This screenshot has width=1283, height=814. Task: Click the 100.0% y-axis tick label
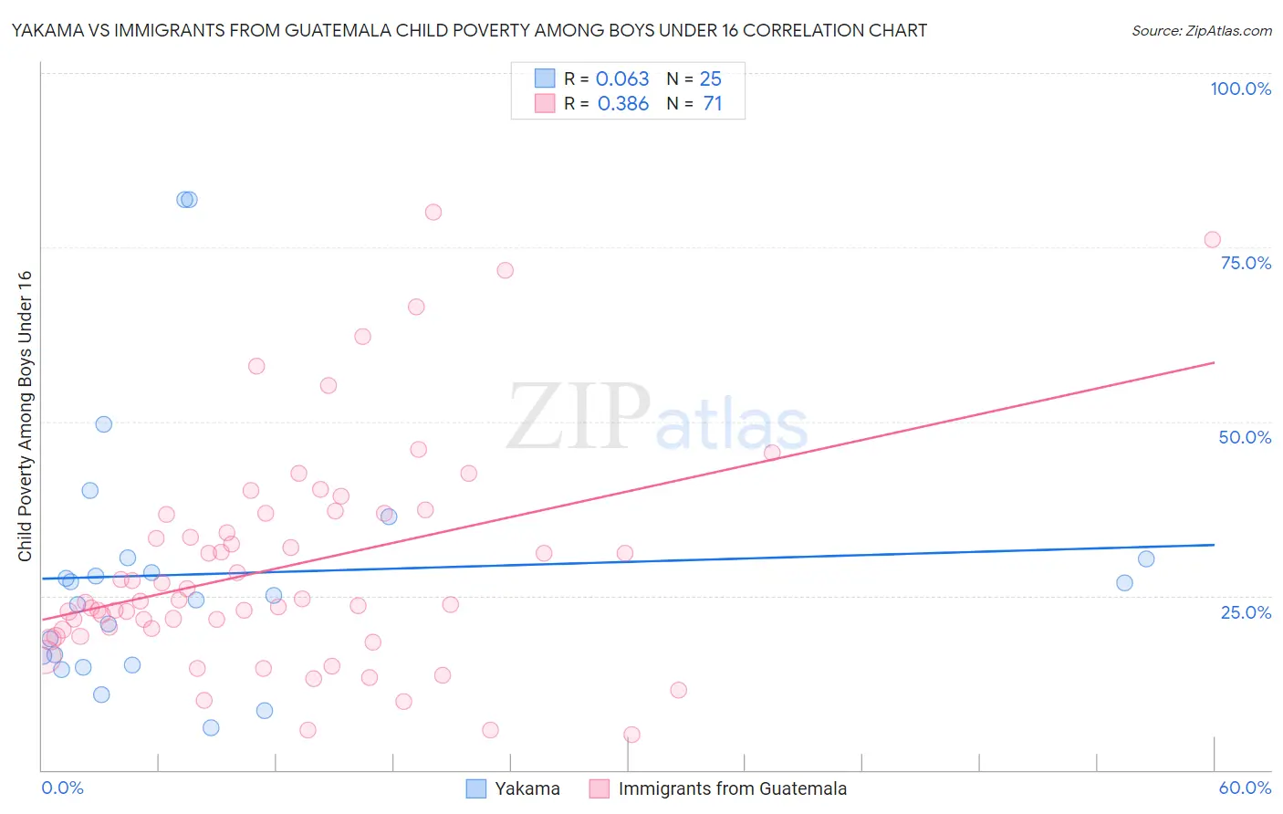point(1240,89)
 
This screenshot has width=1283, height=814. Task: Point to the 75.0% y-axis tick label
point(1246,263)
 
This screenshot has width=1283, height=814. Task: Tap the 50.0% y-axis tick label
point(1245,437)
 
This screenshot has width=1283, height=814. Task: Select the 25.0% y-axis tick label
point(1246,611)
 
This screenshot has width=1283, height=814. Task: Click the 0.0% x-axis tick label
point(62,788)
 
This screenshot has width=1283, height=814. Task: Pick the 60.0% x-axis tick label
point(1245,788)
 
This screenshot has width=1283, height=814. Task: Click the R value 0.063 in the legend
point(622,79)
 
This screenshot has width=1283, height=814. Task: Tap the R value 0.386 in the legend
point(623,104)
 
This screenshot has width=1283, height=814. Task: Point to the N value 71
point(713,104)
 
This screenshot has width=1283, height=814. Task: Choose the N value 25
point(710,79)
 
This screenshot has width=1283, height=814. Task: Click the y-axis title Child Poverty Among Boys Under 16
point(25,416)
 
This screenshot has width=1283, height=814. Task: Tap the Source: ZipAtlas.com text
point(1201,31)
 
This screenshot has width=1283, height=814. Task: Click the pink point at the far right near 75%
point(1212,240)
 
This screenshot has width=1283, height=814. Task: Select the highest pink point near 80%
point(433,212)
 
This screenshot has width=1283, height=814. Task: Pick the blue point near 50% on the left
point(104,424)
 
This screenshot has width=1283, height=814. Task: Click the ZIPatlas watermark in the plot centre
point(657,418)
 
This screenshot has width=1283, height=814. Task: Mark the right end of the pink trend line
point(1214,362)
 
